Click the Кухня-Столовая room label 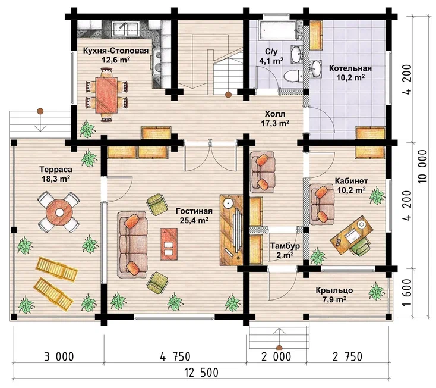click(x=116, y=51)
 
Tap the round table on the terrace click(x=59, y=212)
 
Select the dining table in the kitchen click(x=106, y=95)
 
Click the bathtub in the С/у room click(x=276, y=30)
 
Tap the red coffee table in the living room click(x=169, y=244)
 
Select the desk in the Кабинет click(x=352, y=235)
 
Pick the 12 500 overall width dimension click(x=201, y=373)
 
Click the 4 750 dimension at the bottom click(x=175, y=356)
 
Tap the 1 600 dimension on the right click(x=407, y=292)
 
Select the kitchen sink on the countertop click(x=127, y=29)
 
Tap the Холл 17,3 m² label click(x=275, y=118)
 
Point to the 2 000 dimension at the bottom click(x=276, y=356)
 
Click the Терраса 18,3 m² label click(x=56, y=174)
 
